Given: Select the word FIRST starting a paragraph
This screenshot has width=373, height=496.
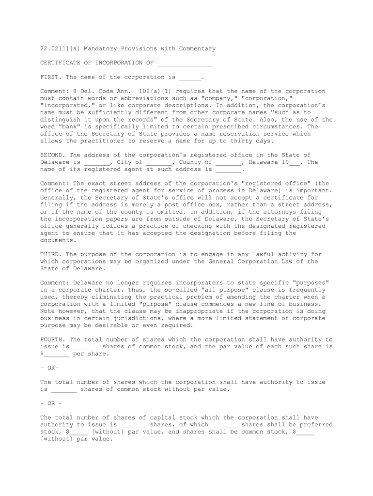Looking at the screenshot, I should (50, 77).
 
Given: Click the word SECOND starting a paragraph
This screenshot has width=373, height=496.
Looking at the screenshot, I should (52, 155).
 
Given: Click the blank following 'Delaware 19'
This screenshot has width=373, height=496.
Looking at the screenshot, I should (295, 163).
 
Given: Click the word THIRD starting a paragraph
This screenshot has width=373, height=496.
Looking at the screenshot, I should (50, 254).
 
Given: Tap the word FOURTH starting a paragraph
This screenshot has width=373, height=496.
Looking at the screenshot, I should (52, 340).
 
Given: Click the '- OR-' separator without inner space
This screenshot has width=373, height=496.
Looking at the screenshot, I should (49, 368).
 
